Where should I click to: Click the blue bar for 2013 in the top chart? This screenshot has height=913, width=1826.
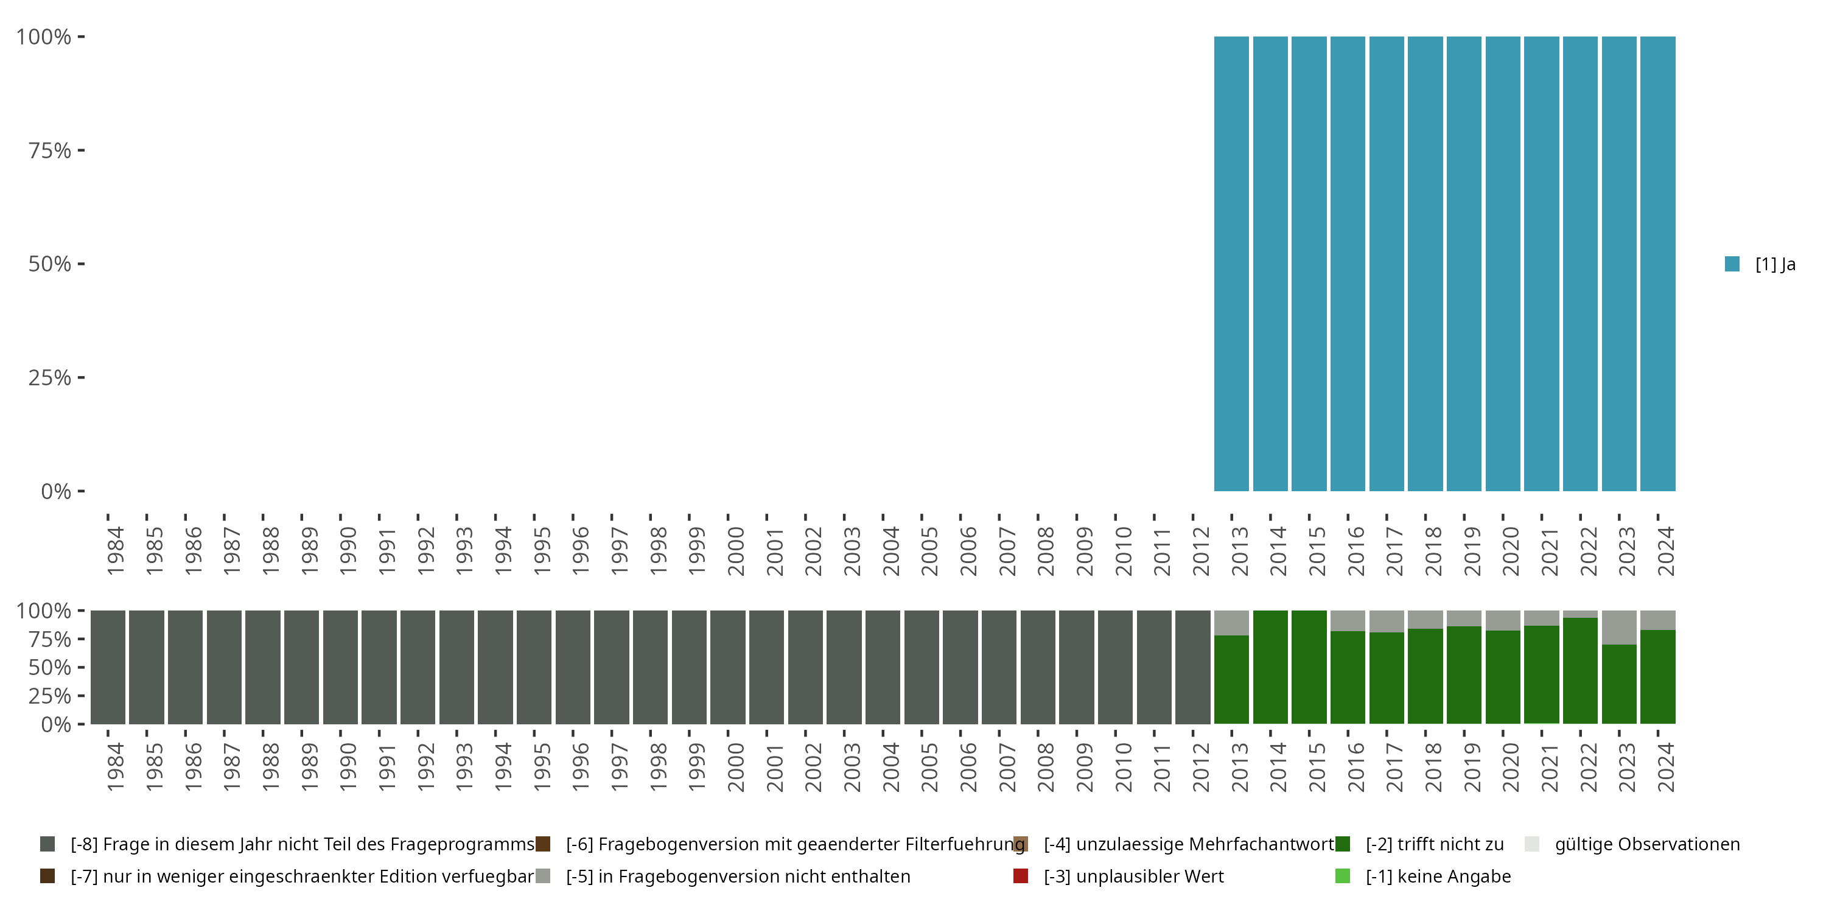(x=1231, y=264)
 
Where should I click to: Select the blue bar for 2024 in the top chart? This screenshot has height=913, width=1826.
(x=1657, y=264)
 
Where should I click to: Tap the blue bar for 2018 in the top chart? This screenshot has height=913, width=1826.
(x=1425, y=264)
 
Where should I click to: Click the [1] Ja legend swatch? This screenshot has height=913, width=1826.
(x=1732, y=264)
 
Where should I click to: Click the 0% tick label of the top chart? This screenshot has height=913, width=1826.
(x=56, y=491)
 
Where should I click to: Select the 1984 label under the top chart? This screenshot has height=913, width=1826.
(x=116, y=551)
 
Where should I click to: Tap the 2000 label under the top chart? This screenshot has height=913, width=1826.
(x=736, y=551)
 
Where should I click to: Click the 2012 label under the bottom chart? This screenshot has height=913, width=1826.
(x=1201, y=767)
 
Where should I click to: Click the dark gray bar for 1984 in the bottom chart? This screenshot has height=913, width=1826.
(x=108, y=667)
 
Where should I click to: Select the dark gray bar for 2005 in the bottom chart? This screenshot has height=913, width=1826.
(x=922, y=667)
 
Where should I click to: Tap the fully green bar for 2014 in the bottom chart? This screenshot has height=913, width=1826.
(x=1270, y=667)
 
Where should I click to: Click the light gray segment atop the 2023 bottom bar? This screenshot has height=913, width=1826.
(x=1619, y=628)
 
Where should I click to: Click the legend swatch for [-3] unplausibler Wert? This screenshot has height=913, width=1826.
(x=1021, y=876)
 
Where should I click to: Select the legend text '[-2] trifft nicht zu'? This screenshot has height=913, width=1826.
(x=1434, y=844)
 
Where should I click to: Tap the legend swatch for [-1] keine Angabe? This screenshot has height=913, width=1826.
(x=1343, y=876)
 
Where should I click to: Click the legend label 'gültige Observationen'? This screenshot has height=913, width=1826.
(x=1646, y=844)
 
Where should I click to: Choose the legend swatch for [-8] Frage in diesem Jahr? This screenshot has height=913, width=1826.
(x=47, y=844)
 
